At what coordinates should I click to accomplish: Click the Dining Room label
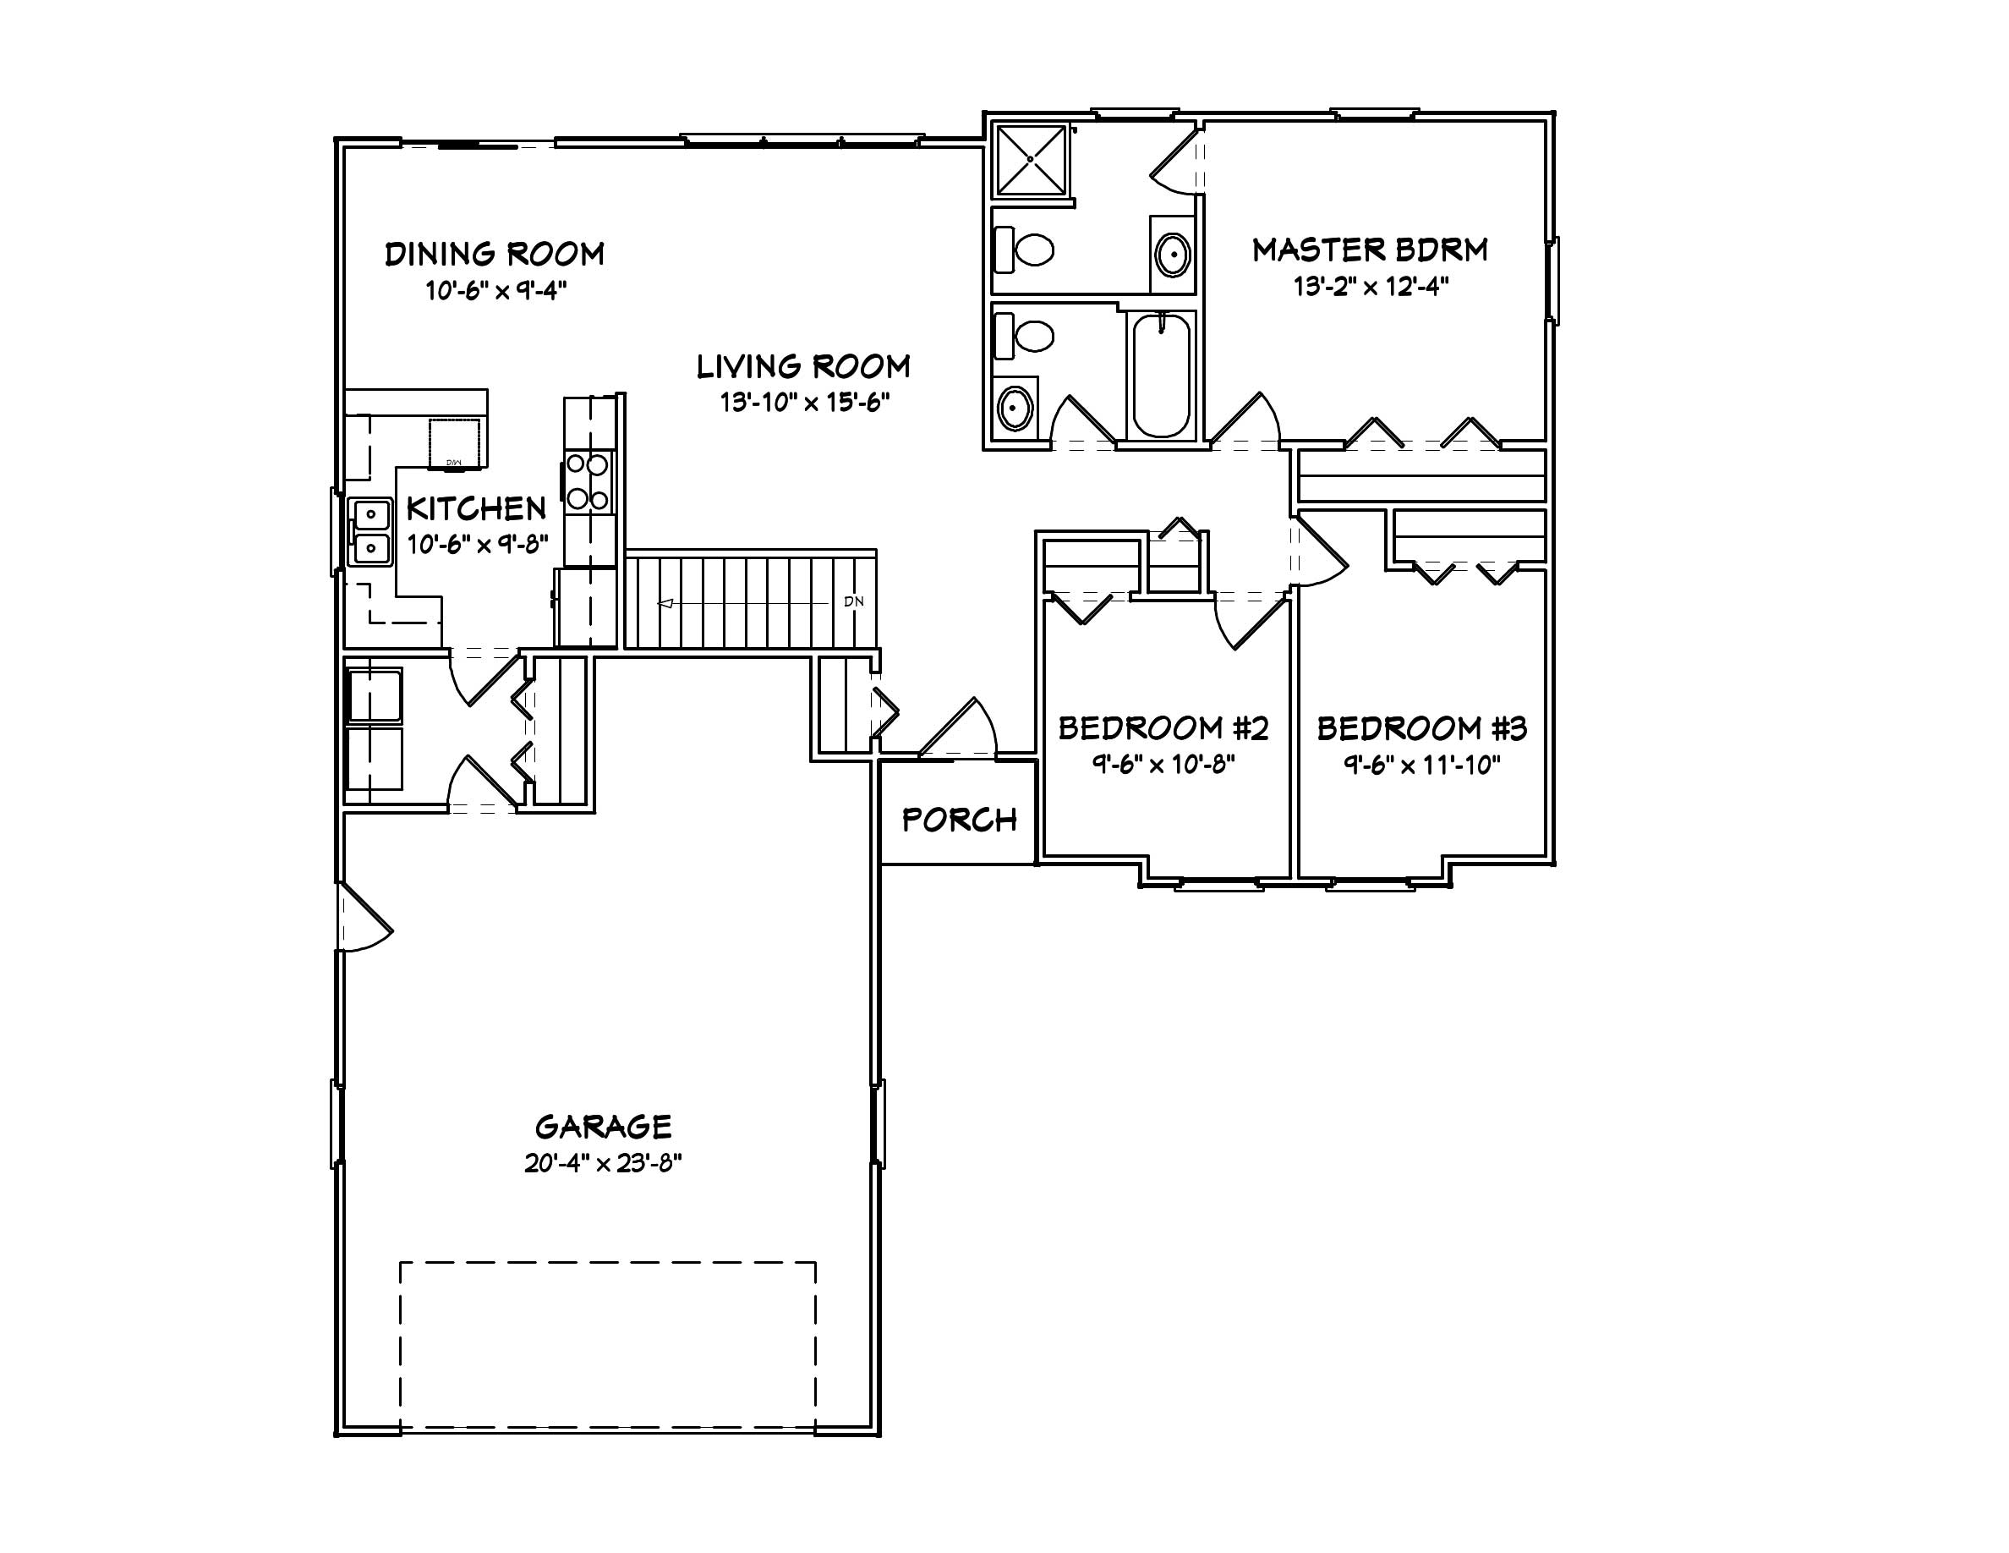coord(494,254)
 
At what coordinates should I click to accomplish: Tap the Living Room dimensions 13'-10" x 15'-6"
coord(805,402)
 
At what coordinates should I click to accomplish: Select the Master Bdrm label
coord(1370,250)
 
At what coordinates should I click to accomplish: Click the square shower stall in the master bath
coord(1032,160)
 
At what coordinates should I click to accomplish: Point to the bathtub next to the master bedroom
coord(1161,376)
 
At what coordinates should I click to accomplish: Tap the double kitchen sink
coord(370,532)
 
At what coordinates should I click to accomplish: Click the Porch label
coord(959,820)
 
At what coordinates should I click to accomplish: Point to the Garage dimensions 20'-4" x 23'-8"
coord(603,1164)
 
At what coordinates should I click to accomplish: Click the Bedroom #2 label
coord(1163,728)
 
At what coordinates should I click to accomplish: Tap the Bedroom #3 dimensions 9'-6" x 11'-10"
coord(1421,765)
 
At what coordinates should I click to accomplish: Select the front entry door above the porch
coord(956,732)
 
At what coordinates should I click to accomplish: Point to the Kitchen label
coord(475,508)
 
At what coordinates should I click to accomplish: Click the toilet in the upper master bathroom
coord(1026,250)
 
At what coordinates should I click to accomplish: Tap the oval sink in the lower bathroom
coord(1015,409)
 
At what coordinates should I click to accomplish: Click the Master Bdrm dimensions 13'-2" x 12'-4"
coord(1371,287)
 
